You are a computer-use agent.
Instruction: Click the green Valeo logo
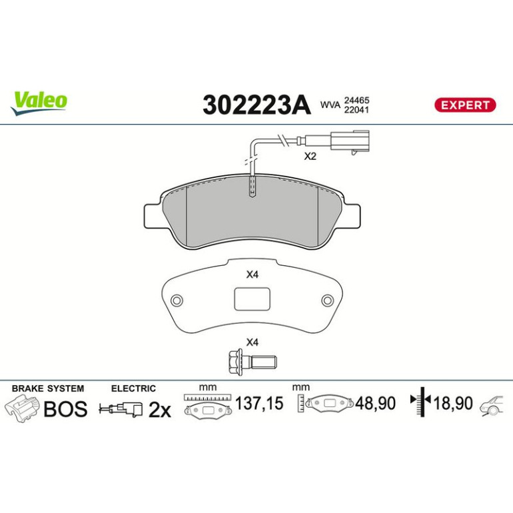39,103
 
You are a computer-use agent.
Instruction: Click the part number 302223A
256,105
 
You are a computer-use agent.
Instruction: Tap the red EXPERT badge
465,105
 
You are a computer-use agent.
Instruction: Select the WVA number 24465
356,100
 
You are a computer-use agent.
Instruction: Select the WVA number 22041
356,110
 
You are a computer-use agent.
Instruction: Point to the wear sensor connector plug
350,142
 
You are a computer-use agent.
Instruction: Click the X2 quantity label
310,157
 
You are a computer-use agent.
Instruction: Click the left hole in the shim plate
177,300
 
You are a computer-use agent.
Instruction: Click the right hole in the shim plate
327,300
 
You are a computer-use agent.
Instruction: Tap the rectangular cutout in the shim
253,298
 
